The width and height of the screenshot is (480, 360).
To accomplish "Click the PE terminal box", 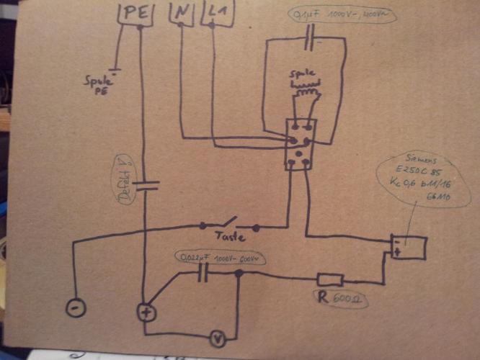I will tap(135, 13).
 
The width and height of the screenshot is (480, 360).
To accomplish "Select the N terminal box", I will tap(180, 13).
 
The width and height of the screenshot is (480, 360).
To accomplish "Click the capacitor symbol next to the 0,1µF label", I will tap(312, 35).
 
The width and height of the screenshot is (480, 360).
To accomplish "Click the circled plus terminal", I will tap(147, 312).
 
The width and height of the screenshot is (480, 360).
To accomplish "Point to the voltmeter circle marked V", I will tap(214, 336).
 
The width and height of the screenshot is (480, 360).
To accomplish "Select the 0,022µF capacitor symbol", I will tap(204, 272).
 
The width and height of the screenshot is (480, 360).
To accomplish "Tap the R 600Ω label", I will tap(338, 298).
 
